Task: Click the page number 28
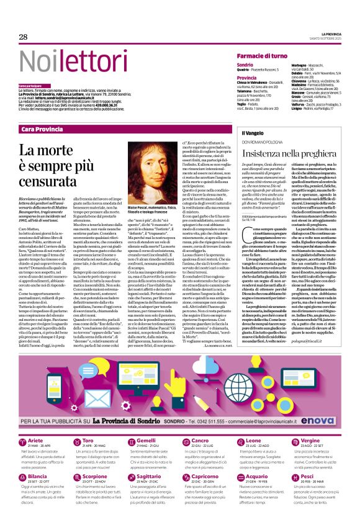[23, 37]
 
